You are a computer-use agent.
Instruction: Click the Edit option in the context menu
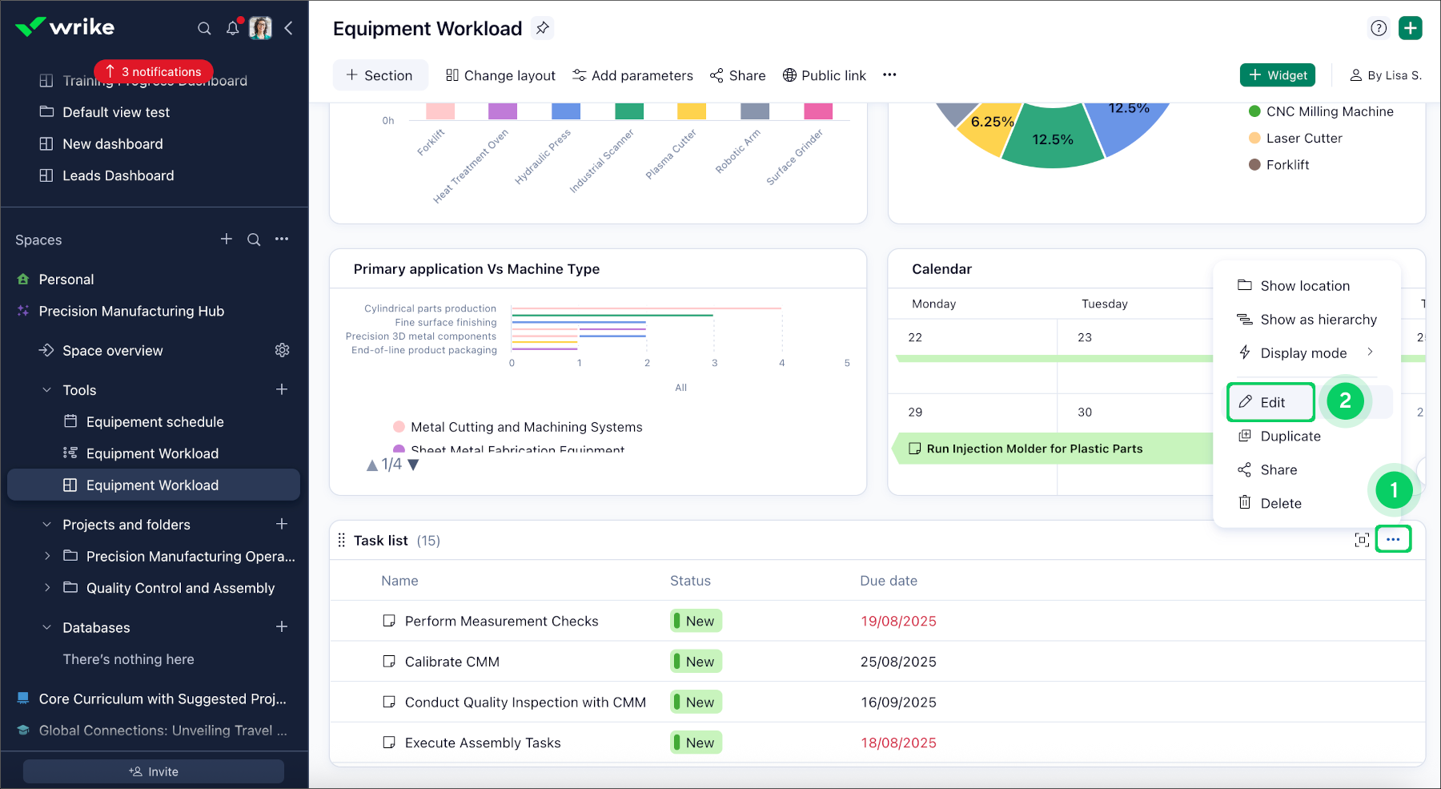coord(1270,402)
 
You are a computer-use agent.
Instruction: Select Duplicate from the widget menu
coord(1290,437)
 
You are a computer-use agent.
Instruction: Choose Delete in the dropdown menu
coord(1280,503)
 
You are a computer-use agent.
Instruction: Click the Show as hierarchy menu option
coord(1318,320)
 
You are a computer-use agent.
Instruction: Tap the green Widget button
coord(1278,75)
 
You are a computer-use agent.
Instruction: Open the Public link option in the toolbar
coord(824,75)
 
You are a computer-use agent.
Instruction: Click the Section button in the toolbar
coord(379,75)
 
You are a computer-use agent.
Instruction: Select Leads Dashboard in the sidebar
coord(118,175)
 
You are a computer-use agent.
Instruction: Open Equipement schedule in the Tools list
coord(155,422)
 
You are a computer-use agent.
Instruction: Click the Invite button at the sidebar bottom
coord(154,771)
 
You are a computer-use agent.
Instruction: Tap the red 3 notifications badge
coord(154,72)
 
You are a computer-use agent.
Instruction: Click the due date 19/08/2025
coord(898,622)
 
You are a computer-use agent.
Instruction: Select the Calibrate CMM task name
coord(452,662)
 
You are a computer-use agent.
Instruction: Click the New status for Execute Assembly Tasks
coord(696,743)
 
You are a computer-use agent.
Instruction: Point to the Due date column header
coord(889,581)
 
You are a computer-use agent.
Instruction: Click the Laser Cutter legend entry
coord(1303,139)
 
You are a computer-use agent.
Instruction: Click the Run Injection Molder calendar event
coord(1034,449)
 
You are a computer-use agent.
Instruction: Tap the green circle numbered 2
coord(1345,401)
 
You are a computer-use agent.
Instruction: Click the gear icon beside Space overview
coord(282,351)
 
